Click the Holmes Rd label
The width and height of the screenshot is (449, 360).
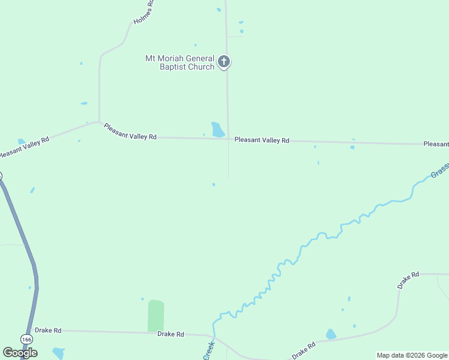tap(144, 12)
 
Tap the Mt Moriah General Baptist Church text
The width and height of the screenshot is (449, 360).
tap(179, 62)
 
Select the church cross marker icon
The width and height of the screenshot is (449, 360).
tap(224, 61)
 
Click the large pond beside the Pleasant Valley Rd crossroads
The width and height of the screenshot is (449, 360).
tap(217, 130)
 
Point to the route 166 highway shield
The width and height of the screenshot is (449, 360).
tap(26, 340)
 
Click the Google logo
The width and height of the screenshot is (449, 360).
tap(20, 353)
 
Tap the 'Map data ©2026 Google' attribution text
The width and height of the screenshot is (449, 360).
tap(412, 355)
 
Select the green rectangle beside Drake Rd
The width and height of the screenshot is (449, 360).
tap(155, 316)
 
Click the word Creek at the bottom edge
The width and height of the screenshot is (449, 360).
tap(209, 351)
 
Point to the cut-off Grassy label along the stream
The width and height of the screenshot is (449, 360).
tap(439, 172)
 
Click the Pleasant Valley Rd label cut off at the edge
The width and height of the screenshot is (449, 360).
tap(436, 144)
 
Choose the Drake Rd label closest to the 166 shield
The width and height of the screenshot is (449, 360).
tap(48, 330)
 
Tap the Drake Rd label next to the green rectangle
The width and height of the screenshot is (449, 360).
tap(170, 334)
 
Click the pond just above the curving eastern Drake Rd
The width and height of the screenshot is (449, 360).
tap(331, 334)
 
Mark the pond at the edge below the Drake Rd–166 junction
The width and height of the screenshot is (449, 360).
tap(58, 353)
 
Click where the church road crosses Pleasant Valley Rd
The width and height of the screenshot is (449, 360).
tap(228, 139)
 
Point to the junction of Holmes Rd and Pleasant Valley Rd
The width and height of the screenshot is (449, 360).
tap(99, 122)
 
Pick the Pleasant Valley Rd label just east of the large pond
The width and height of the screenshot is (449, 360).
tap(262, 140)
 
